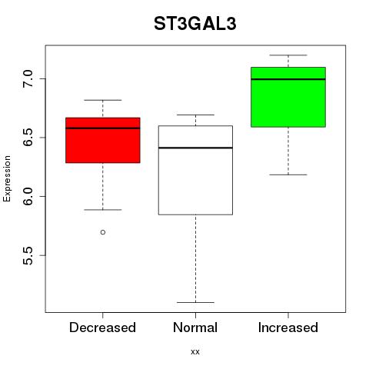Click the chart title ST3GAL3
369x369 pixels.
(195, 24)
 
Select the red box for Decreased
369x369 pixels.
(103, 140)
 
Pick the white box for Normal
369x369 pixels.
(195, 170)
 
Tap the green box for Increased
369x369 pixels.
(288, 97)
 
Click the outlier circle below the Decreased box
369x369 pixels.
(103, 232)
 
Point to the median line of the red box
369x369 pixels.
(103, 128)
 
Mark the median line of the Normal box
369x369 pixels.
(195, 148)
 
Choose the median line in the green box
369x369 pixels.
(288, 79)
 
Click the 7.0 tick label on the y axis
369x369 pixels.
(28, 78)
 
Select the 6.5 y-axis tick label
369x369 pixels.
(28, 138)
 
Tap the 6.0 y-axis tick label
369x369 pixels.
(28, 196)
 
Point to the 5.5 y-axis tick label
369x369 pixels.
(28, 255)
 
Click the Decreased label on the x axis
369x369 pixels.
(102, 327)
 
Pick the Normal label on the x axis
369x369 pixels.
(195, 327)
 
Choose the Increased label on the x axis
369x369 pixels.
(288, 327)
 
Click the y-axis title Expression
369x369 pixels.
(7, 178)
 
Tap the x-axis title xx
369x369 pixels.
(195, 352)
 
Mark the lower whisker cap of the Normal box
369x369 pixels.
(195, 303)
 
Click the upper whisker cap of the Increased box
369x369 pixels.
(288, 55)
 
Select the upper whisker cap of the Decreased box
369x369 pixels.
(103, 100)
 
